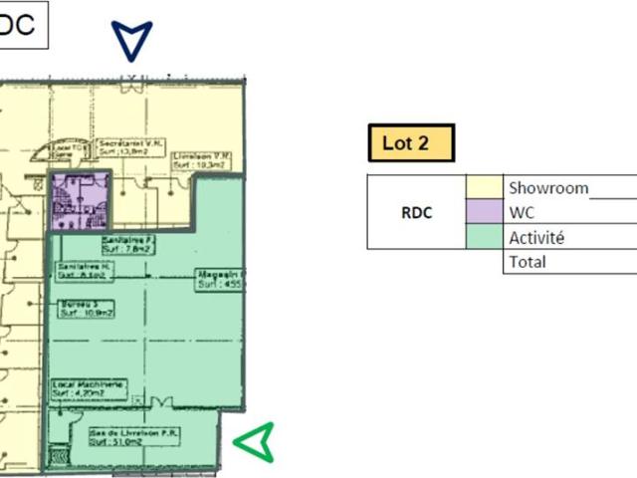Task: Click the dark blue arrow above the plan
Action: coord(131,39)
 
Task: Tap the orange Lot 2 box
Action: coord(411,142)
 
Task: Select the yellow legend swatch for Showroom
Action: coord(485,187)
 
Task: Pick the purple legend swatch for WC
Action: coord(485,212)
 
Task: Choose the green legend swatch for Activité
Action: coord(485,237)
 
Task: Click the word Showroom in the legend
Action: coord(548,187)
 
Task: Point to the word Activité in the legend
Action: coord(536,238)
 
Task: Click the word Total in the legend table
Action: coord(528,262)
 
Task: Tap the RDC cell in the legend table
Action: coord(416,212)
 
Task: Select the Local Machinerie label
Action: coord(88,386)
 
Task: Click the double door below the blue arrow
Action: coord(130,87)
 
